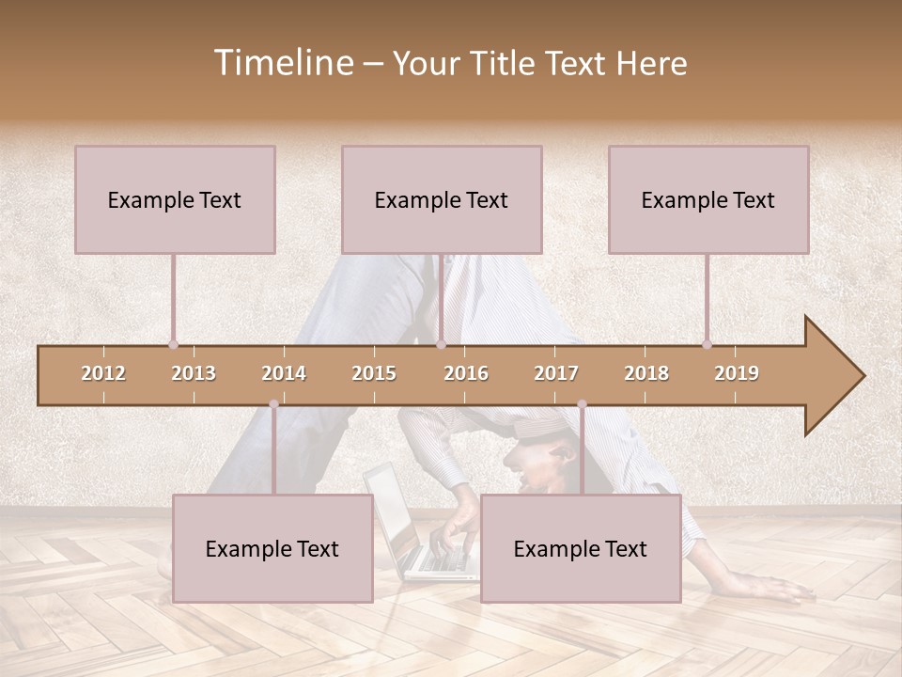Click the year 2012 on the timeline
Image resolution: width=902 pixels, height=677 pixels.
point(103,373)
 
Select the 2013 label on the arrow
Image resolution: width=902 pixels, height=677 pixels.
point(194,373)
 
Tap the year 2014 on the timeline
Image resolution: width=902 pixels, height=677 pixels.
point(284,373)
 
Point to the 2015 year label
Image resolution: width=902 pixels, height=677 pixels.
point(374,373)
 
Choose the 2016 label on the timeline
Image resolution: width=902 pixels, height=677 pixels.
point(466,373)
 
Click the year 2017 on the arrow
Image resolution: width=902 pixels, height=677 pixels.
point(556,373)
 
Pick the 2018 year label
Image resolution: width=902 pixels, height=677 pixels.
point(646,373)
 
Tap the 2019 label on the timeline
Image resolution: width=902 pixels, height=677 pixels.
point(737,373)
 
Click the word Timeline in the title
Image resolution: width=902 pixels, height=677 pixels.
point(282,63)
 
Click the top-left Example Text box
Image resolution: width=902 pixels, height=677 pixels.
point(175,199)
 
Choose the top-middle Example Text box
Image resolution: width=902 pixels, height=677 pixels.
point(442,199)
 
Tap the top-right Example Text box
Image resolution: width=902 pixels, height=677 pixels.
point(708,199)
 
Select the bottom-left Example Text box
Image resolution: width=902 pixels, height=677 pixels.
point(272,548)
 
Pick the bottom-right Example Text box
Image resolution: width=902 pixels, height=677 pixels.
point(581,548)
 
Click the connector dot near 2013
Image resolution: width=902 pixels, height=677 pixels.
point(173,344)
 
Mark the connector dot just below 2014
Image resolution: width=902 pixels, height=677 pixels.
point(273,404)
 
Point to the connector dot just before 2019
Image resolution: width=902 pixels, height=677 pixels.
point(707,344)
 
